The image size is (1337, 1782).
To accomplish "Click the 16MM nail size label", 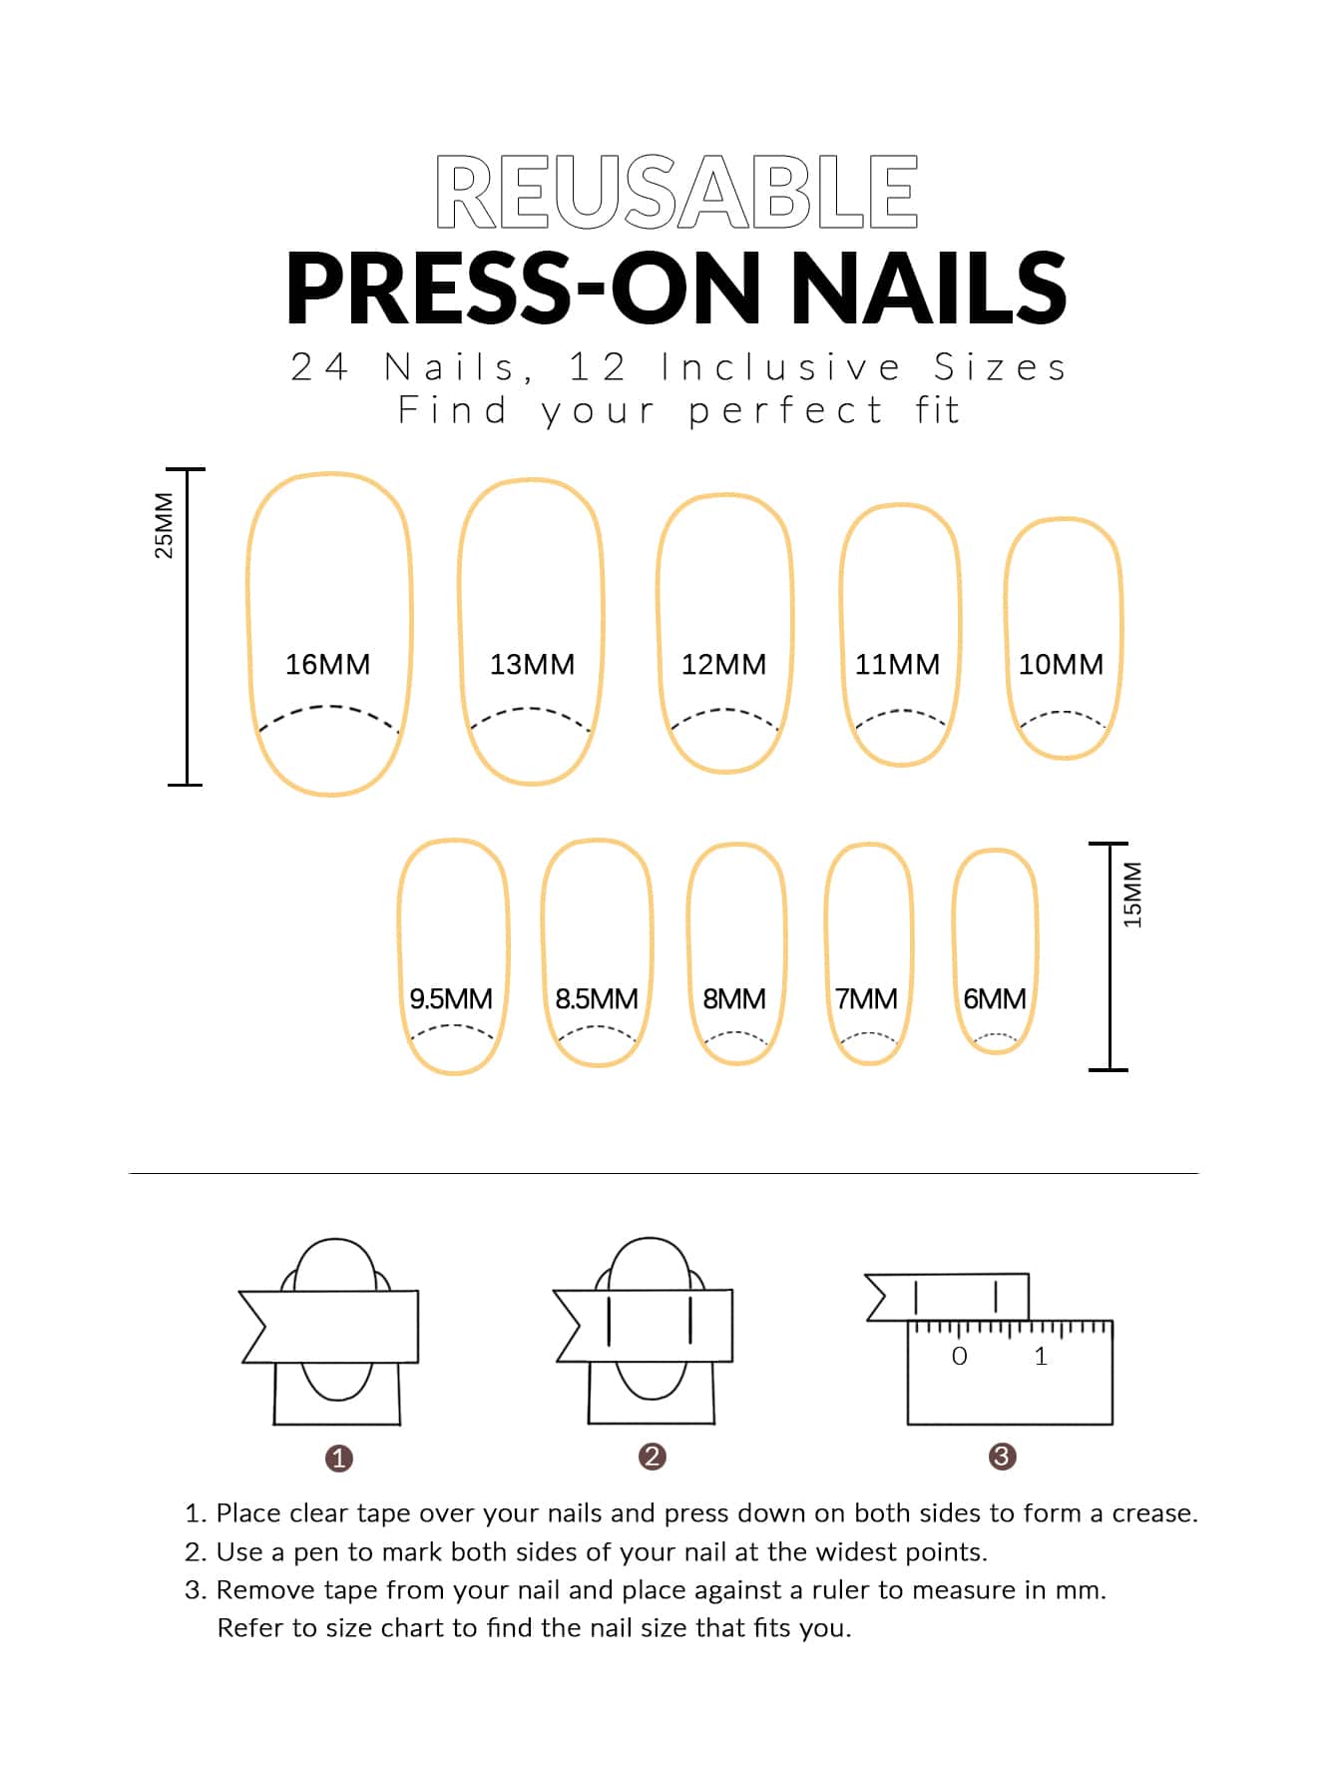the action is pyautogui.click(x=327, y=664).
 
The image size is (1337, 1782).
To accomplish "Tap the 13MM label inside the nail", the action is pyautogui.click(x=532, y=664).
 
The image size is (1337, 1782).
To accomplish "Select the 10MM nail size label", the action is pyautogui.click(x=1061, y=664).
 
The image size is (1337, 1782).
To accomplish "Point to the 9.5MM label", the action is pyautogui.click(x=451, y=998).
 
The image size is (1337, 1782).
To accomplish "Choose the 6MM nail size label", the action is pyautogui.click(x=995, y=998).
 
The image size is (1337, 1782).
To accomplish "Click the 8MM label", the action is pyautogui.click(x=734, y=998).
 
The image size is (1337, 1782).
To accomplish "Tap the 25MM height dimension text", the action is pyautogui.click(x=165, y=525).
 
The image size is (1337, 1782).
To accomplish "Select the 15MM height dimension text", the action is pyautogui.click(x=1132, y=894).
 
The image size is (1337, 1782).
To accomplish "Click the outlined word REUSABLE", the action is pyautogui.click(x=676, y=192).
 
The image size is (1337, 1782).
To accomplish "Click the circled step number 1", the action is pyautogui.click(x=339, y=1459).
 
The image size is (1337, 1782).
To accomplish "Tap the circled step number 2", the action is pyautogui.click(x=652, y=1457).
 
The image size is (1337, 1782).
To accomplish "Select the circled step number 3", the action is pyautogui.click(x=1002, y=1457).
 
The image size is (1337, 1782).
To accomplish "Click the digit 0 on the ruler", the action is pyautogui.click(x=960, y=1356).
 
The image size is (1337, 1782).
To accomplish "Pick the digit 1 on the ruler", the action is pyautogui.click(x=1041, y=1356).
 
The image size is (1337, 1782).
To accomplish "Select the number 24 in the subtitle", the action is pyautogui.click(x=319, y=367).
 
